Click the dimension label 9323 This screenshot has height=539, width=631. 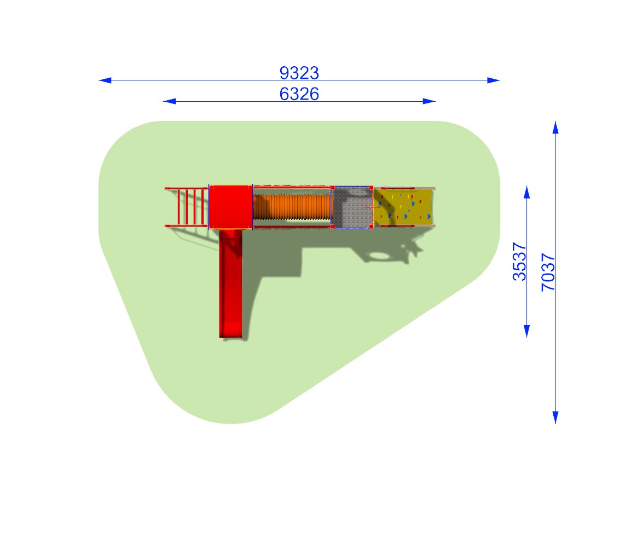click(299, 73)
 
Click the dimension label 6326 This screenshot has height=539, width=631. click(299, 94)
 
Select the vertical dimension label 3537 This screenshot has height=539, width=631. click(519, 262)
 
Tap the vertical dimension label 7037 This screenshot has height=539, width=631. click(548, 272)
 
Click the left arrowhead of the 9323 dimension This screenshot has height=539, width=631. click(105, 80)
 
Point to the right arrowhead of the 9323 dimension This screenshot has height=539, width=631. click(494, 80)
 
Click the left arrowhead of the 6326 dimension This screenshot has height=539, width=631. click(170, 101)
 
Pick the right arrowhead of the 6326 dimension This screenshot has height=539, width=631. click(429, 101)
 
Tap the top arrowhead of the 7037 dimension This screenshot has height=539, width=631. click(555, 127)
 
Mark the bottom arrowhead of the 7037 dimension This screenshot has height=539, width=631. click(555, 417)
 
